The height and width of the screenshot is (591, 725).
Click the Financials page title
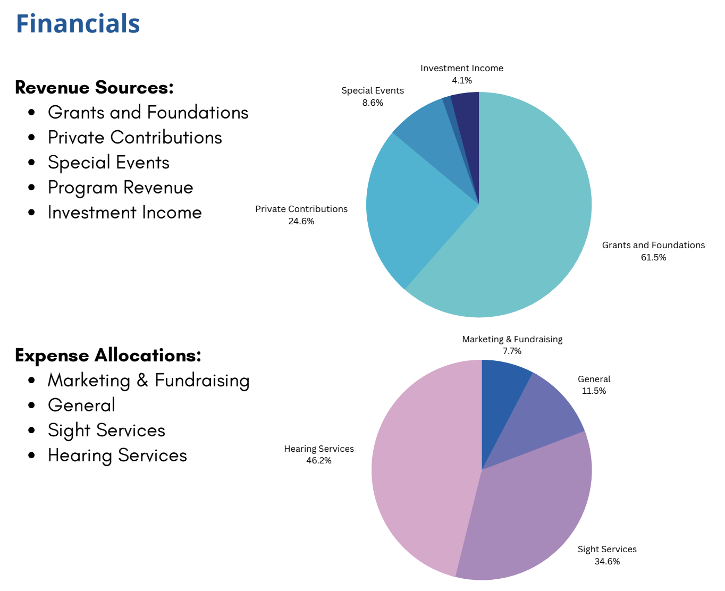click(78, 24)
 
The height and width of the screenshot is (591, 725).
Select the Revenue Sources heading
click(94, 87)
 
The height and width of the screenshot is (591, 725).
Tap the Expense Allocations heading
click(108, 355)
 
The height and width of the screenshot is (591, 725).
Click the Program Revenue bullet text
click(120, 188)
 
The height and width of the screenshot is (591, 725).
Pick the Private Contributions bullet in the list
click(134, 138)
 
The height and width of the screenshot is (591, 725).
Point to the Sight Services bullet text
click(106, 430)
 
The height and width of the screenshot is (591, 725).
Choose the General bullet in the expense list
click(81, 406)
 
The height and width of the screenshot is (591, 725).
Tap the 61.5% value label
click(653, 258)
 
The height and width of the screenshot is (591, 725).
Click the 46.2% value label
click(318, 461)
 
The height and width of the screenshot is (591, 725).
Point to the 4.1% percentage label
click(462, 81)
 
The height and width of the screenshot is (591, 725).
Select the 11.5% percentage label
click(594, 391)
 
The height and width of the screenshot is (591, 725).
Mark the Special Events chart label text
click(373, 91)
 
